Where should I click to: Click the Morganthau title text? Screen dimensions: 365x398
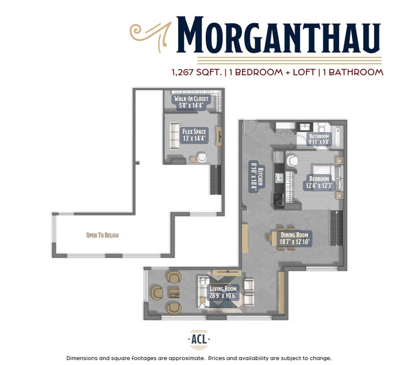pyautogui.click(x=279, y=36)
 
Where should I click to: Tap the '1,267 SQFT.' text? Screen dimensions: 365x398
pyautogui.click(x=197, y=72)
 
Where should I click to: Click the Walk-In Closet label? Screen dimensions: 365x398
pyautogui.click(x=191, y=102)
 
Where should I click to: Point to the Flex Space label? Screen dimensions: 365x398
pyautogui.click(x=194, y=135)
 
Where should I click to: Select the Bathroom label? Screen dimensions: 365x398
pyautogui.click(x=319, y=139)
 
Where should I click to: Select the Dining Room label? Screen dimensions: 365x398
pyautogui.click(x=295, y=238)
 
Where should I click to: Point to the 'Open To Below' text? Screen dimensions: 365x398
pyautogui.click(x=102, y=235)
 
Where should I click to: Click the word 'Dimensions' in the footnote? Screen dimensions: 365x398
pyautogui.click(x=85, y=358)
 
